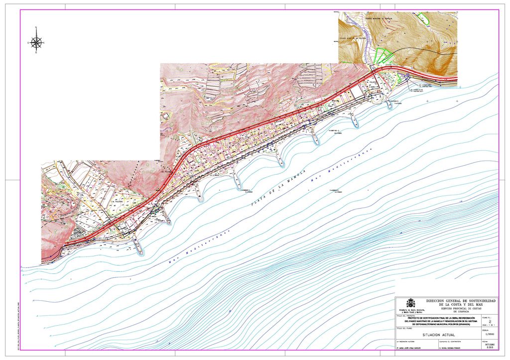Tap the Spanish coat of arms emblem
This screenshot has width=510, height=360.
pos(411,303)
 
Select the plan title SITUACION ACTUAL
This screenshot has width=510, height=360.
pos(438,335)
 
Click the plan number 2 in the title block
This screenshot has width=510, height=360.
pos(491,322)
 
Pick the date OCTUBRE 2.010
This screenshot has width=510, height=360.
pos(490,347)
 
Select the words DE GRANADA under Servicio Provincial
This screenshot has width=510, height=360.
pos(461,312)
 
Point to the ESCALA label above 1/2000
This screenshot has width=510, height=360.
pos(485,330)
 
